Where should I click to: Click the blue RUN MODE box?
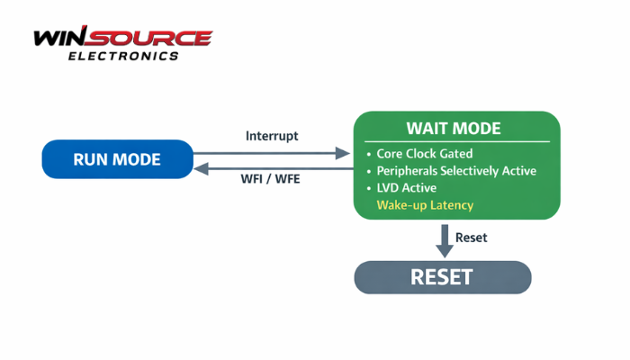tap(117, 159)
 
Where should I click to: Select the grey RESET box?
tap(441, 277)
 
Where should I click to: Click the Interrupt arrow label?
tap(272, 136)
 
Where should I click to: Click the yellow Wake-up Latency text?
tap(425, 206)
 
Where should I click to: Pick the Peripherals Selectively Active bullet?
tap(456, 171)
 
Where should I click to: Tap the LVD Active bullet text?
tap(407, 188)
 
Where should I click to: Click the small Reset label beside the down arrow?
tap(471, 238)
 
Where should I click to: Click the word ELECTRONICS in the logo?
tap(123, 56)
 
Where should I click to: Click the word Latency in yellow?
tap(450, 206)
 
